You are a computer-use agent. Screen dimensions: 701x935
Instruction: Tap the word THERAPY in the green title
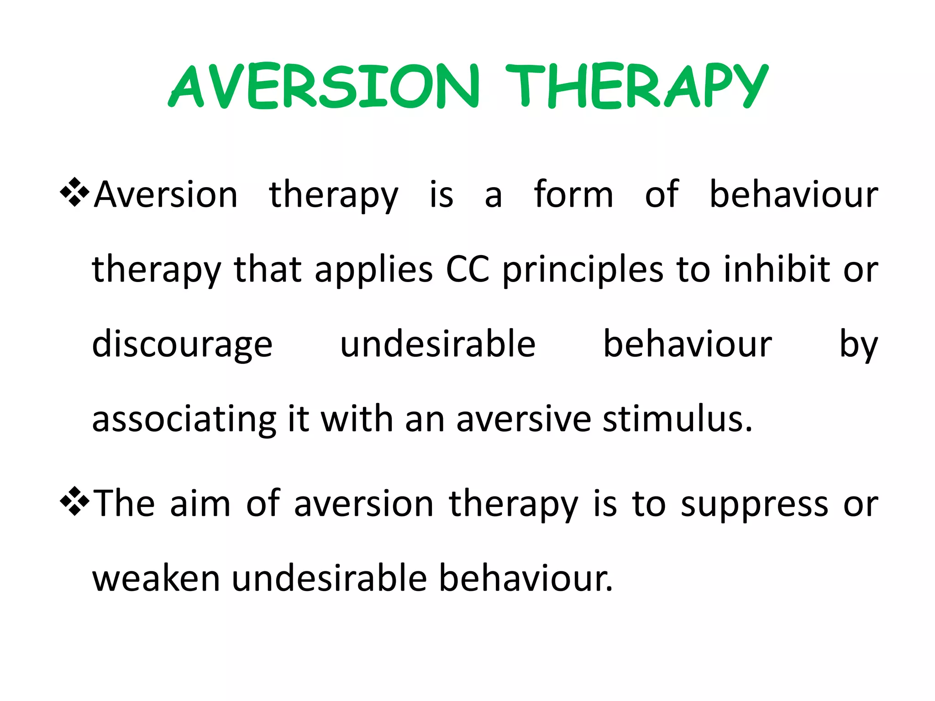637,87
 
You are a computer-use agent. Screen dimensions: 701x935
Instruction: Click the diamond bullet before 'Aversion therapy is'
74,193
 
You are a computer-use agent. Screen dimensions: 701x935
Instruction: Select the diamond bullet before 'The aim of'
74,502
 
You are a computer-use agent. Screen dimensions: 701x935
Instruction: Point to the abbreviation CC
467,269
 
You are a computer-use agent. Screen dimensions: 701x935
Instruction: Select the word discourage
182,345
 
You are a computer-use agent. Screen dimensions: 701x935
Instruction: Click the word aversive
523,419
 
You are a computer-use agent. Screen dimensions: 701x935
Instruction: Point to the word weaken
156,579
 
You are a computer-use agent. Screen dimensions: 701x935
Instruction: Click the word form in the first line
573,194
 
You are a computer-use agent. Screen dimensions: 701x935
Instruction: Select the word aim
200,504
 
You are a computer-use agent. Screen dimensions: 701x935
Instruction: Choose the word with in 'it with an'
357,419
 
